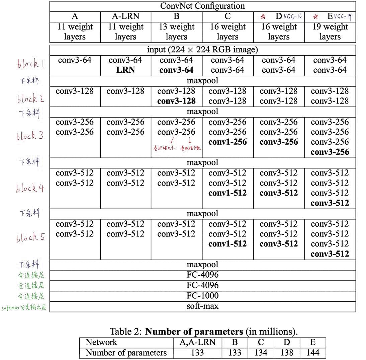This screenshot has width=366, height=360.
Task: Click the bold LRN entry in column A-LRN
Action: pos(125,70)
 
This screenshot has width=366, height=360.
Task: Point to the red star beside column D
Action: pos(263,16)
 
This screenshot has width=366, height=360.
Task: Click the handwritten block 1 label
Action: pos(30,64)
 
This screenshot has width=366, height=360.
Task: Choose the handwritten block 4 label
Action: pos(30,189)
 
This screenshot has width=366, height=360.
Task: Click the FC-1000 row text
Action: pos(202,296)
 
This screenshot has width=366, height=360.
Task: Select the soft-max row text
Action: pos(202,306)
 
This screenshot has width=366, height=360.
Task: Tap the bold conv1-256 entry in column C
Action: pos(227,142)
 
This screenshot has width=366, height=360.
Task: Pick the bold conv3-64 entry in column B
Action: pos(176,70)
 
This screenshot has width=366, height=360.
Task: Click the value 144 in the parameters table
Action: pos(312,353)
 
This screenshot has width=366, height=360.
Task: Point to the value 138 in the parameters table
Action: pos(287,353)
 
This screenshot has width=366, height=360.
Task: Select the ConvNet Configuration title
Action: pos(202,6)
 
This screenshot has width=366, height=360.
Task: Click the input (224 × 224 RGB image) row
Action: pos(202,50)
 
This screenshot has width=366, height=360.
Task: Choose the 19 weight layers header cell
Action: pos(330,31)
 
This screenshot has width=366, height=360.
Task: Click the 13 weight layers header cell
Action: pos(176,31)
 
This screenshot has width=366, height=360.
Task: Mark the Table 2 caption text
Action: pos(204,332)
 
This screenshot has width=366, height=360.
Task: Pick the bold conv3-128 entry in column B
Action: pos(176,101)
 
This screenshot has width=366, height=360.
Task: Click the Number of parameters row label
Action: pos(126,353)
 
